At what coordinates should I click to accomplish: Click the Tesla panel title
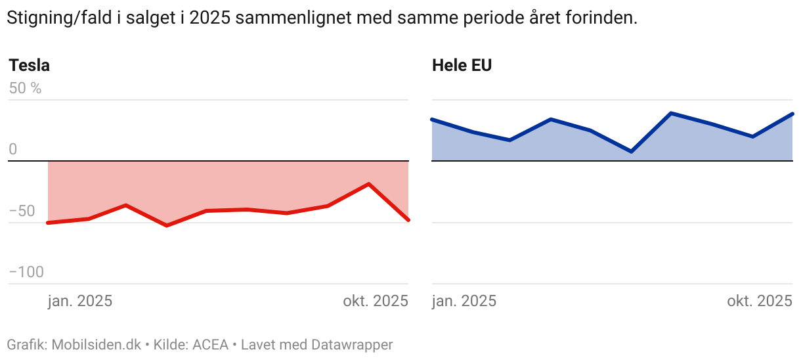pos(29,66)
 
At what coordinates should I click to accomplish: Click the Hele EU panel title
pos(462,66)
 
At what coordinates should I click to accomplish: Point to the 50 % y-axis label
pos(25,88)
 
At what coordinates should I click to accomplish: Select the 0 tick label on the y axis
pos(12,150)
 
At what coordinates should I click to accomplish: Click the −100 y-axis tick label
pos(26,272)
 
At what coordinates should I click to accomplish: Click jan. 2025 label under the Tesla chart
pos(80,302)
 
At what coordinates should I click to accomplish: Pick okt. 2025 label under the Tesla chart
pos(375,302)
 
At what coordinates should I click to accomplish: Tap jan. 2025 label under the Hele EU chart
pos(464,302)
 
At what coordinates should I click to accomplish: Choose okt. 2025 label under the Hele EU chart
pos(760,302)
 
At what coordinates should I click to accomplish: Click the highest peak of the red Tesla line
pos(369,184)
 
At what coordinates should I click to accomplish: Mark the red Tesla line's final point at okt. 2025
pos(408,220)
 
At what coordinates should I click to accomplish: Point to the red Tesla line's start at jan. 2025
pos(49,223)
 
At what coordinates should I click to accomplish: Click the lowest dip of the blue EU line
pos(631,152)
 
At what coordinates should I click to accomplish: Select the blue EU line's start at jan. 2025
pos(432,120)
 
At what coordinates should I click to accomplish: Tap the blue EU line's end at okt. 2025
pos(792,114)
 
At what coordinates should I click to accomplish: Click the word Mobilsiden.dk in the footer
pos(96,344)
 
